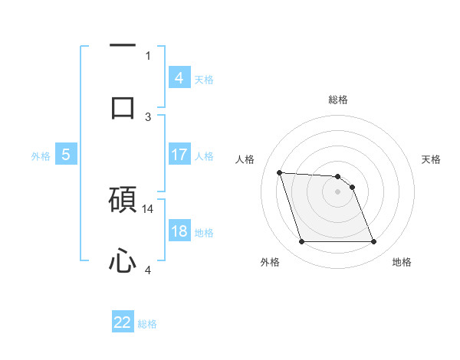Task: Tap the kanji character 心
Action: pos(123,262)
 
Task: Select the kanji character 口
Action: pos(123,107)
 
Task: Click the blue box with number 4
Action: pos(179,78)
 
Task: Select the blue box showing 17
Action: pos(179,155)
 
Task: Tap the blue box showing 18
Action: pos(179,231)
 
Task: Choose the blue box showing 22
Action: pos(123,322)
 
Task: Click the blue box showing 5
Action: pos(66,155)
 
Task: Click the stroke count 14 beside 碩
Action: pos(148,208)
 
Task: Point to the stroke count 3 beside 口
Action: pos(148,116)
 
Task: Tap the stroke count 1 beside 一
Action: pos(148,55)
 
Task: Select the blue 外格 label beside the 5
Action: pos(41,155)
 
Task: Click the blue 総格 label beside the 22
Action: pos(147,323)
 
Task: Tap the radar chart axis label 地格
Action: pos(402,262)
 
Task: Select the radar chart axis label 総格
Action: pos(338,100)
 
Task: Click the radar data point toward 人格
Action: pos(279,172)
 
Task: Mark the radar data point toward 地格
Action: pos(373,242)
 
